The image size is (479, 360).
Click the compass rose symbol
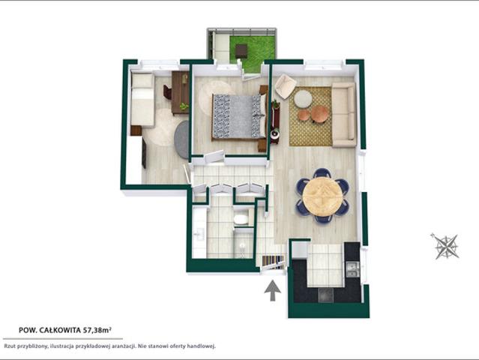tap(446, 246)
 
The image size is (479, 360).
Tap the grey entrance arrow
tap(273, 291)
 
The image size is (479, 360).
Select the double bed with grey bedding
tap(239, 116)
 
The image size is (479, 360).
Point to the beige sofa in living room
tap(344, 115)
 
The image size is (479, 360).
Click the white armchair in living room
tap(286, 86)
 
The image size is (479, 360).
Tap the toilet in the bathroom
tap(241, 220)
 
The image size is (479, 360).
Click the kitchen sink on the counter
tap(352, 269)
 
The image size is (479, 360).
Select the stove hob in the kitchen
tap(325, 295)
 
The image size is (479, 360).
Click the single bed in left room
tap(142, 99)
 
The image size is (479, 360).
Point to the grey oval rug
tap(182, 139)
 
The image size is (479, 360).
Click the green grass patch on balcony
tap(253, 52)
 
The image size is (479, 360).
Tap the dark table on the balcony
tap(241, 51)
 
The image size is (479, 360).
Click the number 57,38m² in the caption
tap(97, 330)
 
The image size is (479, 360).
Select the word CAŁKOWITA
tap(61, 330)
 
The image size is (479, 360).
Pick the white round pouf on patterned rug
tap(303, 98)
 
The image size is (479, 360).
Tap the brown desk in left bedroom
tap(180, 92)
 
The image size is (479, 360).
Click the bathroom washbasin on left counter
tap(199, 234)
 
